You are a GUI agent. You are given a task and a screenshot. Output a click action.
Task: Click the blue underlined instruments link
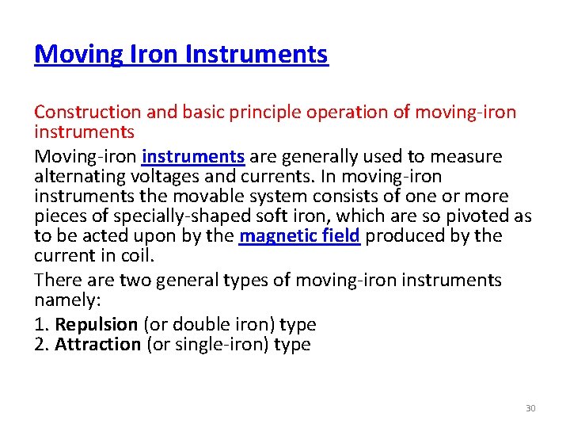pyautogui.click(x=195, y=157)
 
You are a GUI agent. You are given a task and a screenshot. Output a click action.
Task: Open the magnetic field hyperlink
pyautogui.click(x=300, y=236)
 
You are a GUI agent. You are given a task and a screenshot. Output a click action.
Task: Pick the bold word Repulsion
pyautogui.click(x=96, y=324)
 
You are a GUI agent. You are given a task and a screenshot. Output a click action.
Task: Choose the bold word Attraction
pyautogui.click(x=97, y=344)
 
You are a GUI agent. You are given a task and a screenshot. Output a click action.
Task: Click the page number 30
pyautogui.click(x=530, y=408)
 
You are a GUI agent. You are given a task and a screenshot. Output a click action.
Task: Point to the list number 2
pyautogui.click(x=40, y=344)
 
